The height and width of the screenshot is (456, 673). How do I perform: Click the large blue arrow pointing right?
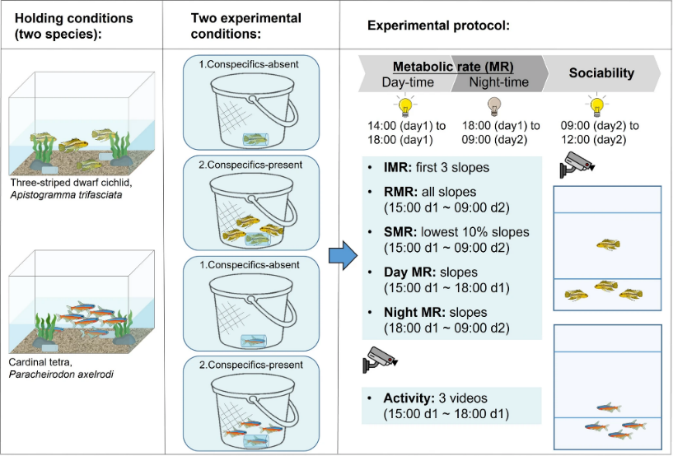(344, 256)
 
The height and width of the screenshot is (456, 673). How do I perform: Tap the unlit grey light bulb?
(494, 106)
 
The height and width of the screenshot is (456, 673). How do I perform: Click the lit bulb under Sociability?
(596, 105)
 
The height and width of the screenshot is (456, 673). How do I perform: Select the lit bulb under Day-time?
(405, 106)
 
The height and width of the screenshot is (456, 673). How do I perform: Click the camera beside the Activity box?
(379, 359)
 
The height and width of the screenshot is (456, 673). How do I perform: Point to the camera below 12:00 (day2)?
(577, 164)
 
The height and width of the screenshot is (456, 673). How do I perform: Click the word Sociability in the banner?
(601, 73)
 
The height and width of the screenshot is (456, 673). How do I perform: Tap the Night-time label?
(498, 82)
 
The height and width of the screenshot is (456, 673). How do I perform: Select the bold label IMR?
(398, 167)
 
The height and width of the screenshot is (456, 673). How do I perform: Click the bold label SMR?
(400, 232)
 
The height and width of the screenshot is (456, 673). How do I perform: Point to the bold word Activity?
(409, 398)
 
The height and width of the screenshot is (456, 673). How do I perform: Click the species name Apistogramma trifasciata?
(66, 195)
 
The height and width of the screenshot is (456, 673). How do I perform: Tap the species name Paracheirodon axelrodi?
(61, 374)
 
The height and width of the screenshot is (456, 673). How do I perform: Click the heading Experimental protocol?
(438, 26)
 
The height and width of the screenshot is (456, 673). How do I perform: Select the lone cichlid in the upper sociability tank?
(608, 244)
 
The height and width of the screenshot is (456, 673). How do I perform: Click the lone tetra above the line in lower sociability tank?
(609, 407)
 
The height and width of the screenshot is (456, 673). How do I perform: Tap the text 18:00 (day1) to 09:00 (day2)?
(501, 133)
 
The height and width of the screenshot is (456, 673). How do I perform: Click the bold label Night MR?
(414, 312)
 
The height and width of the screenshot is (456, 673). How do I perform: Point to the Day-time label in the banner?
(408, 82)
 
